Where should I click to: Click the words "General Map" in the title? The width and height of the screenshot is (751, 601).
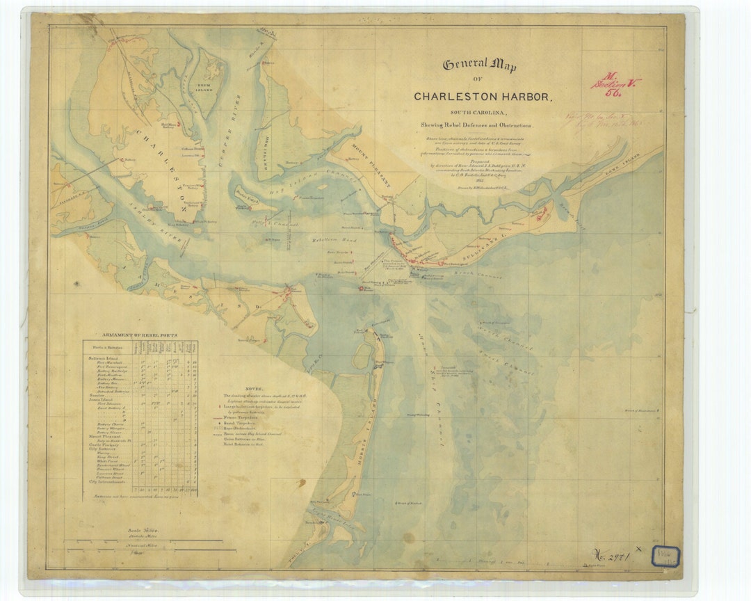coord(480,68)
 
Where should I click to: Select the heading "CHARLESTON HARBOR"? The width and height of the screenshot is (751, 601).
coord(483,97)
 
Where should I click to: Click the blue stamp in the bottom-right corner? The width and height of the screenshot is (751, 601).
coord(665,555)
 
